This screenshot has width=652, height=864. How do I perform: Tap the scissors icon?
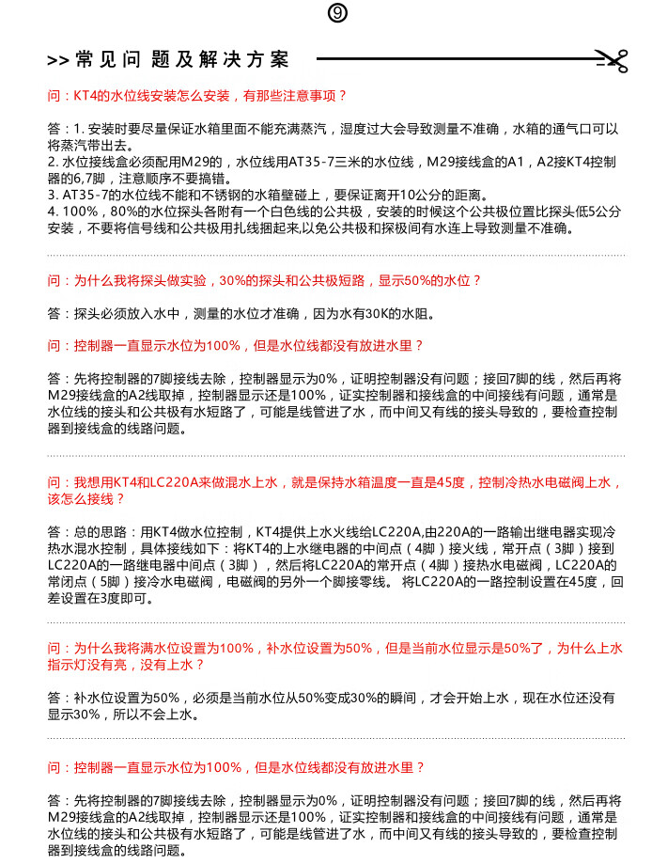[613, 61]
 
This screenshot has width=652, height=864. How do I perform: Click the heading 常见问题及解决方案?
[182, 60]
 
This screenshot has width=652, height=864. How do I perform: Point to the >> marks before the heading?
[58, 61]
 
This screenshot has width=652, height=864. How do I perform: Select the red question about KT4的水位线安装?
[197, 95]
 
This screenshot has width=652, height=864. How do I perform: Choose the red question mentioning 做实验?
[264, 280]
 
